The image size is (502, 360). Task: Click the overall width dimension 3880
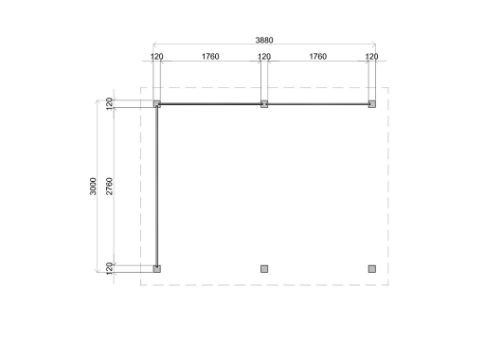click(265, 42)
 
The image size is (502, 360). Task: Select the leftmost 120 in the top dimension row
click(156, 57)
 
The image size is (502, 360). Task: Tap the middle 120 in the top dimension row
click(264, 57)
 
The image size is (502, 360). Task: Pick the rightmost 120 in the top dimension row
click(372, 57)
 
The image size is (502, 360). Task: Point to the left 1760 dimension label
click(210, 57)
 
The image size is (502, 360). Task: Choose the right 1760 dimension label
click(318, 57)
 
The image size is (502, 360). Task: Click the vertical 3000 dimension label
click(92, 186)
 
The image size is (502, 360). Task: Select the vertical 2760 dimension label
click(110, 186)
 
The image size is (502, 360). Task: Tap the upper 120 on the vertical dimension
click(110, 103)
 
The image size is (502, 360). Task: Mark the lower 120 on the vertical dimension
click(110, 268)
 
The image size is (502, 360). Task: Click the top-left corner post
click(157, 104)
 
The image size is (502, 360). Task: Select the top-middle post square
click(264, 104)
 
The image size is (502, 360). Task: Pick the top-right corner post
click(372, 104)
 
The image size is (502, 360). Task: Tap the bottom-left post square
click(157, 268)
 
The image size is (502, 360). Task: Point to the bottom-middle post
click(264, 268)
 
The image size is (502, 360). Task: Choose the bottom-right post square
click(372, 268)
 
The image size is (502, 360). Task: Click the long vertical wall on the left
click(156, 186)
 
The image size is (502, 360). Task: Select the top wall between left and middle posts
click(210, 103)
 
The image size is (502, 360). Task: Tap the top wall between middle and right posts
click(318, 103)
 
